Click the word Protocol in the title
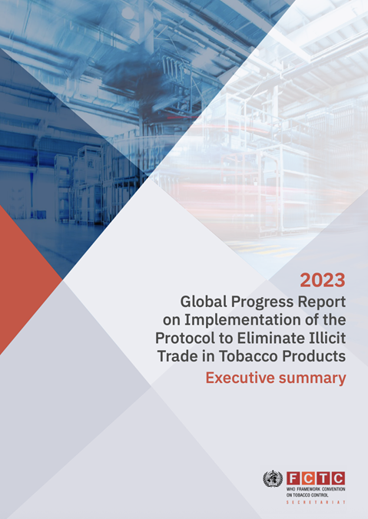183,338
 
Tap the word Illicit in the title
325,338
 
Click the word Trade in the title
177,356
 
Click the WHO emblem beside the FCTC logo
272,478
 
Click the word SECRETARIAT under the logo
316,501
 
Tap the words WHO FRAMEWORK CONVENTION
316,489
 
